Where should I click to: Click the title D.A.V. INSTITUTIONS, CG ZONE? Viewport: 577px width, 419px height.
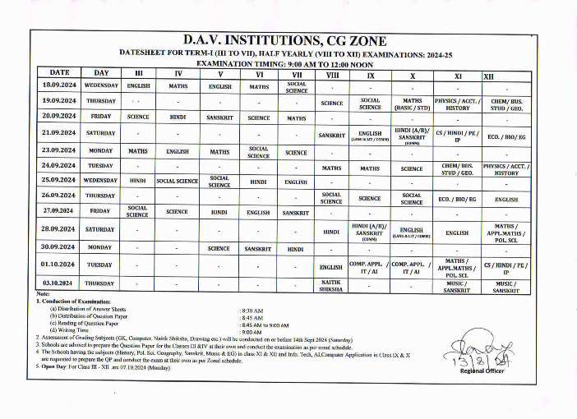coord(284,40)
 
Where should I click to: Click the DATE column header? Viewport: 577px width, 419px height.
coord(59,73)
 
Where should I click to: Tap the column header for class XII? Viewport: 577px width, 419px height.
coord(489,76)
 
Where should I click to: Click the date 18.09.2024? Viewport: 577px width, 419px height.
coord(59,85)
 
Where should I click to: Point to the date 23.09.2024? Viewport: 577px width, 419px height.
coord(59,151)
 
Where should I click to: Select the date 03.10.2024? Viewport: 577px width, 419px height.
coord(59,283)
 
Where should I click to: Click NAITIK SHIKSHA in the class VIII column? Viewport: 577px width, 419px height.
coord(331,285)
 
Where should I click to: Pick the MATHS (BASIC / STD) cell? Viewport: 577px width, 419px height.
coord(412,104)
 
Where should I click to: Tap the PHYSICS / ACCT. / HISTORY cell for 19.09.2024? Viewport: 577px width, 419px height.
coord(458,104)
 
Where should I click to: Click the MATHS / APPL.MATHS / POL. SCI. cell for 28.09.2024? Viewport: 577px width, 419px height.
coord(505,233)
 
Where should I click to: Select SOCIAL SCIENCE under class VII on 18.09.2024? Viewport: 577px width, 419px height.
coord(297,87)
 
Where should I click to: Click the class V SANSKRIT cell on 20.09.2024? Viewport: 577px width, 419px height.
coord(219,117)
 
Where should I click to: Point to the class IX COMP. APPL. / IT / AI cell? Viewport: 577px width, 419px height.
coord(370,267)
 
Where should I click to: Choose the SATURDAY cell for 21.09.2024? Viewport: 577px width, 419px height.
coord(101,133)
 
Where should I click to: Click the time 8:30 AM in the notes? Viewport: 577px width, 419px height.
coord(252,311)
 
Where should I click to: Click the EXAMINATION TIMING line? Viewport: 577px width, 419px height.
coord(284,62)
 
